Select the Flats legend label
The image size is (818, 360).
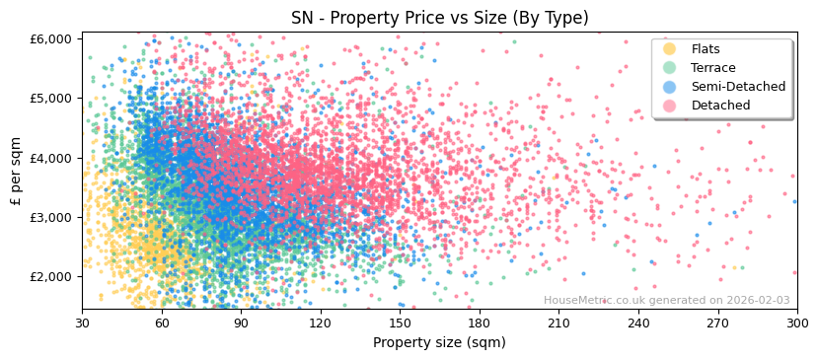pyautogui.click(x=706, y=49)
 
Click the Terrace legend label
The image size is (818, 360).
pyautogui.click(x=712, y=68)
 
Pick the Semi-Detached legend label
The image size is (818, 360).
pyautogui.click(x=738, y=87)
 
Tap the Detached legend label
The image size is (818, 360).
pyautogui.click(x=720, y=106)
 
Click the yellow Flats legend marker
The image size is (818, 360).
pyautogui.click(x=670, y=49)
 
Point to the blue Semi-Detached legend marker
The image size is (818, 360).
pyautogui.click(x=670, y=87)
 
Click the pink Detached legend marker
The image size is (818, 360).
pyautogui.click(x=670, y=106)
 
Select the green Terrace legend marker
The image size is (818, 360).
pyautogui.click(x=670, y=68)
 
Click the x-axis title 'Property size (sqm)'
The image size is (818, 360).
pyautogui.click(x=439, y=343)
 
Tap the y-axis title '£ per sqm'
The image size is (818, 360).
pyautogui.click(x=16, y=172)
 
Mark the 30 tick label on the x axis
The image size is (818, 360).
pyautogui.click(x=82, y=323)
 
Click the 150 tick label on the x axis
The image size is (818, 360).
pyautogui.click(x=400, y=323)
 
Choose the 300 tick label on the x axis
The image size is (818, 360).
pyautogui.click(x=796, y=323)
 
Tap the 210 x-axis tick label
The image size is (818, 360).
pyautogui.click(x=558, y=323)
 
